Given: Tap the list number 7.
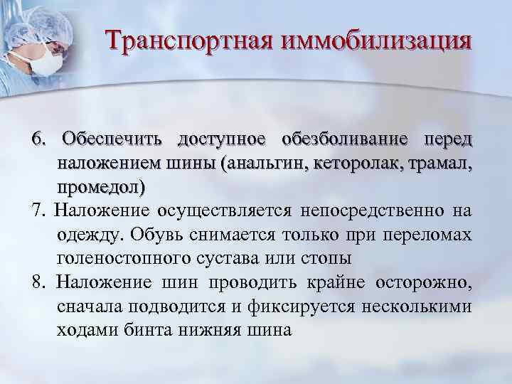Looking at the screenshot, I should [37, 210].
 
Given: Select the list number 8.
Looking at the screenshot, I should [37, 283].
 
